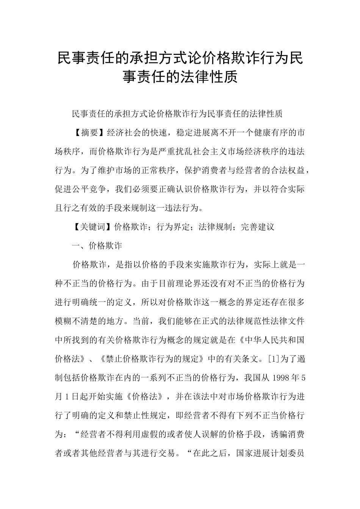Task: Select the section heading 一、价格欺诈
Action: pyautogui.click(x=97, y=246)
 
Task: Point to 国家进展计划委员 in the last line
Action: pyautogui.click(x=271, y=453)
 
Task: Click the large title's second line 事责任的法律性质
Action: pyautogui.click(x=180, y=77)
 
